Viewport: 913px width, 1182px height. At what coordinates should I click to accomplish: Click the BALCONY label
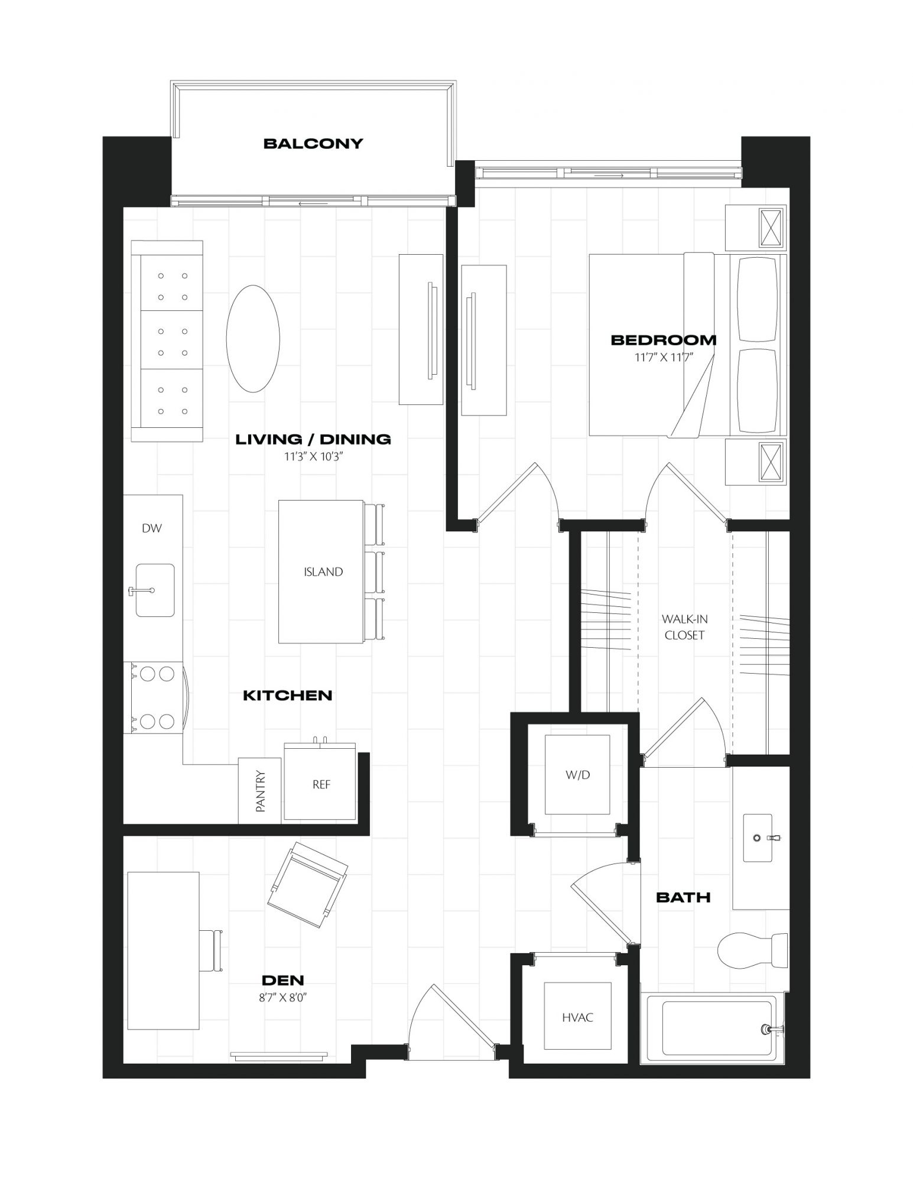point(313,144)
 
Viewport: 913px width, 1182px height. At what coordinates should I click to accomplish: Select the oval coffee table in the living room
point(253,339)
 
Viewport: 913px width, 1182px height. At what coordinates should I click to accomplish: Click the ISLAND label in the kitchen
point(323,571)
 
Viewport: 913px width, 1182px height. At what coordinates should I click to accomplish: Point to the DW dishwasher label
point(152,528)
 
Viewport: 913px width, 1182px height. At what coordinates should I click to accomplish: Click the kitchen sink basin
point(155,590)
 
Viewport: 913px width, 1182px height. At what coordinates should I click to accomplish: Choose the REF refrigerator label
point(321,784)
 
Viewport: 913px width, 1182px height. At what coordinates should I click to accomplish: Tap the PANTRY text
point(261,791)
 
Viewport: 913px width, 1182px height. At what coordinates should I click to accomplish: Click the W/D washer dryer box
point(577,775)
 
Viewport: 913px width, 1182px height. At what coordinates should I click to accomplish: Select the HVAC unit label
point(577,1017)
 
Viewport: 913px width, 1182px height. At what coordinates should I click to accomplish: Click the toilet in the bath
point(752,950)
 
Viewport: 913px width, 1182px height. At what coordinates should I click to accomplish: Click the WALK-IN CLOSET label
point(684,627)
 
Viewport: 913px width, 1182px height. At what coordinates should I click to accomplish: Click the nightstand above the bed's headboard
point(756,228)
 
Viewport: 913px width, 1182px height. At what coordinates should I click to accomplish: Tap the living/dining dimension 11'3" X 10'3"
point(313,456)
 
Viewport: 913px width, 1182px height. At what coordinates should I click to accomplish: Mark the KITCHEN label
point(288,696)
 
